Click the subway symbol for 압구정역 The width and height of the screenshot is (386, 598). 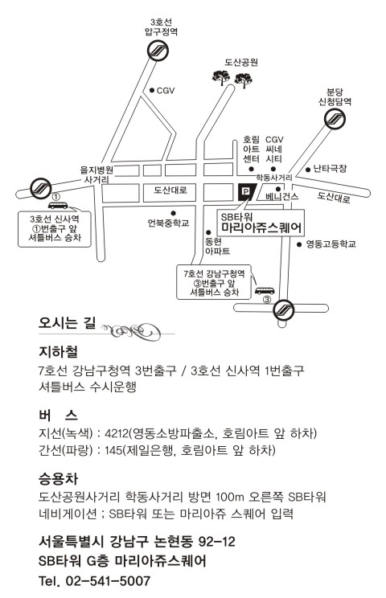[158, 51]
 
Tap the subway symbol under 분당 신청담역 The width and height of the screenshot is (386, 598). [335, 119]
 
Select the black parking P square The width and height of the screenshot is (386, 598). [245, 191]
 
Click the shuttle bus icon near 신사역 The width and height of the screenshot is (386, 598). [58, 206]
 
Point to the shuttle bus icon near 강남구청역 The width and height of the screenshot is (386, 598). [265, 291]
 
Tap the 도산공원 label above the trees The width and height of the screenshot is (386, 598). [241, 62]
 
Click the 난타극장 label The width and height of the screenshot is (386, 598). [330, 168]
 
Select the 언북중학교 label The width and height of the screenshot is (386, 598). [168, 223]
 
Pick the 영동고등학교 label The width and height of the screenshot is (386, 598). [331, 244]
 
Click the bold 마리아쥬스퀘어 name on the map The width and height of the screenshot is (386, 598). [262, 227]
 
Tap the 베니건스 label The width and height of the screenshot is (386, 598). [282, 197]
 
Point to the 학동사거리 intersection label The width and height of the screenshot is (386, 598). [274, 178]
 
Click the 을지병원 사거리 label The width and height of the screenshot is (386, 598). [96, 174]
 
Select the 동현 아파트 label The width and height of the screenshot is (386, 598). [217, 247]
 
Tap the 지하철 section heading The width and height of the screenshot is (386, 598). [59, 351]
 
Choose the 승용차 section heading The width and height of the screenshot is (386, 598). [59, 478]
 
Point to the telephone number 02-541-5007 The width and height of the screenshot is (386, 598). [109, 581]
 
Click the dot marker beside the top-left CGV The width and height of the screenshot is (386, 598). [152, 90]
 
